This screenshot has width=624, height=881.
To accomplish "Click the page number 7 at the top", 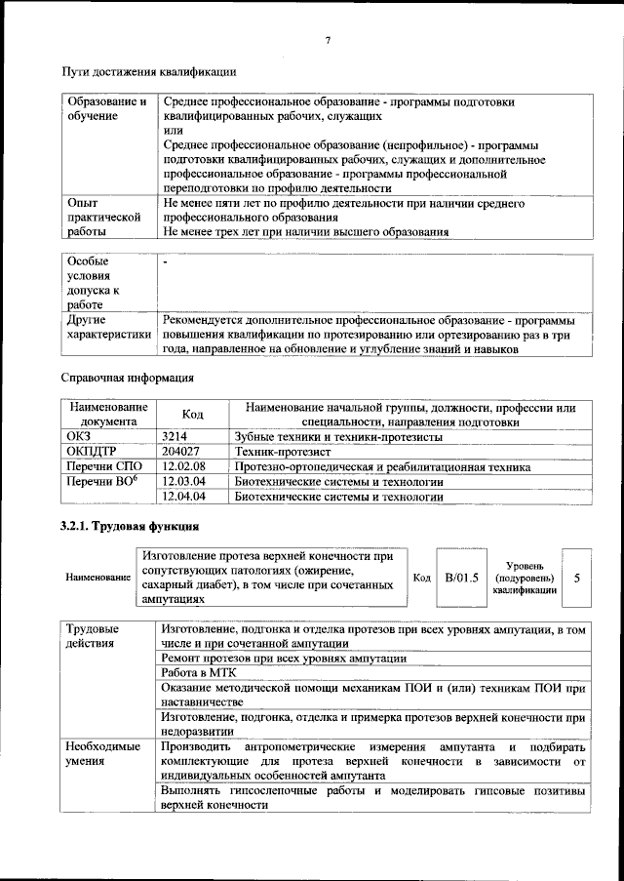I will [328, 40].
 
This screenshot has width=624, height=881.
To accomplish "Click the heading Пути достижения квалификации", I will [148, 71].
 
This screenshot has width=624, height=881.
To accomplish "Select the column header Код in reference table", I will [193, 415].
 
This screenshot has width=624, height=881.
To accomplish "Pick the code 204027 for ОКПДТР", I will [181, 453].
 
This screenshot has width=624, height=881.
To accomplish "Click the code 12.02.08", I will [182, 467].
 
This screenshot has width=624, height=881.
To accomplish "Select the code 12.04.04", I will [182, 497].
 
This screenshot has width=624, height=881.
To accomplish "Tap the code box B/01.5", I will [461, 578].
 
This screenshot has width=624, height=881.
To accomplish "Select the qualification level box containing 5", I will [577, 578].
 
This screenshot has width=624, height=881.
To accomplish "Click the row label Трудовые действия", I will [94, 636].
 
